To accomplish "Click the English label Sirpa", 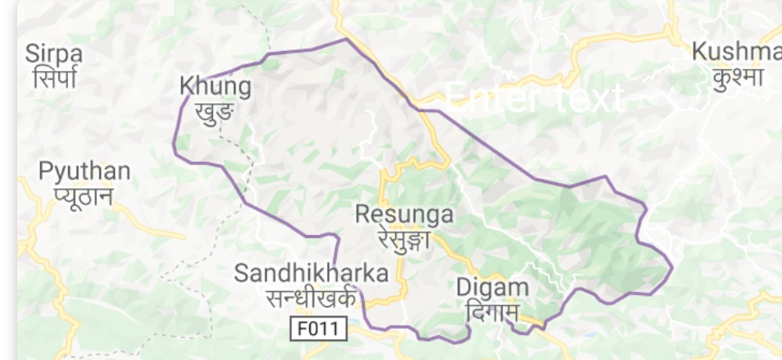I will (x=54, y=53).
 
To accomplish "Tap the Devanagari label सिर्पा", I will (x=54, y=77).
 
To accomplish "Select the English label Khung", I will (x=215, y=86).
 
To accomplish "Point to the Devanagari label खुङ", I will (x=214, y=110).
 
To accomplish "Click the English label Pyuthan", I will (x=85, y=171).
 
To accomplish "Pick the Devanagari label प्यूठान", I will (x=84, y=195).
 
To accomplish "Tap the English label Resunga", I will (x=404, y=214).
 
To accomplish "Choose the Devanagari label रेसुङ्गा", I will (x=404, y=237).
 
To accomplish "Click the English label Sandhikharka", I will (x=311, y=273).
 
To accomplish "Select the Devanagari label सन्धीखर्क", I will (x=311, y=297).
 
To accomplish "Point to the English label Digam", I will (x=492, y=288).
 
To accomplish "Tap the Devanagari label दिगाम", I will (x=491, y=311).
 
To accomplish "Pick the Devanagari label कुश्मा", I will (x=738, y=77).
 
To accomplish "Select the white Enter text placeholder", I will (x=535, y=97).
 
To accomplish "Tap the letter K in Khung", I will (x=186, y=86).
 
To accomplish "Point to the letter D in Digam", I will (x=464, y=287).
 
